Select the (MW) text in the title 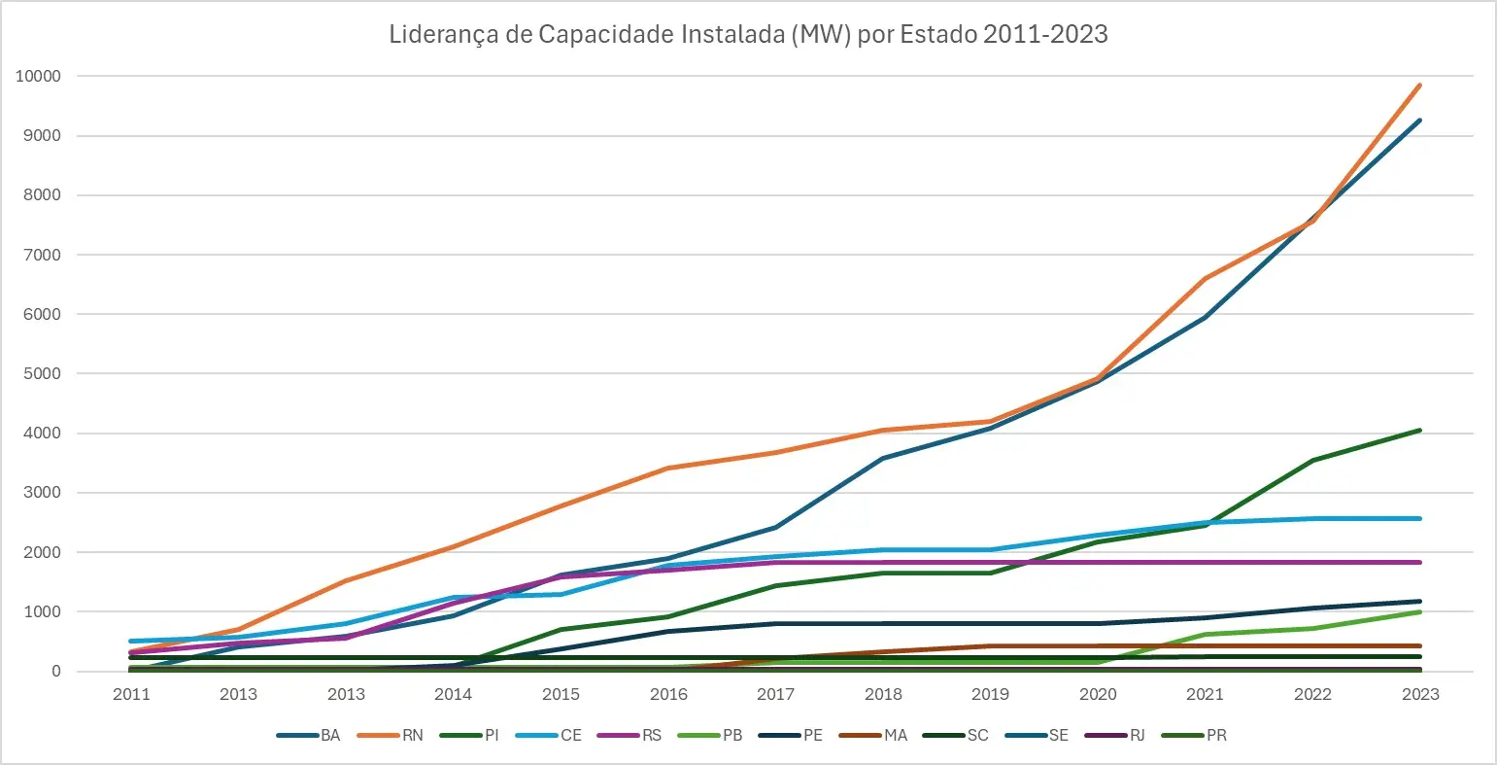822,34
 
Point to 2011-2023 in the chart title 1045,34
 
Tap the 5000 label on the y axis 43,374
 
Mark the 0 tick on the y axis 55,672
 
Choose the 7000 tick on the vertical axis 43,256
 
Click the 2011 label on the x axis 131,694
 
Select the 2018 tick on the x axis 883,694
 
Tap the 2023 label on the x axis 1420,694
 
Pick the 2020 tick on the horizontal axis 1098,694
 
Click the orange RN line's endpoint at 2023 1419,86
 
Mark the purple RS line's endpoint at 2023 1419,563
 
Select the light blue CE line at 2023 1419,518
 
